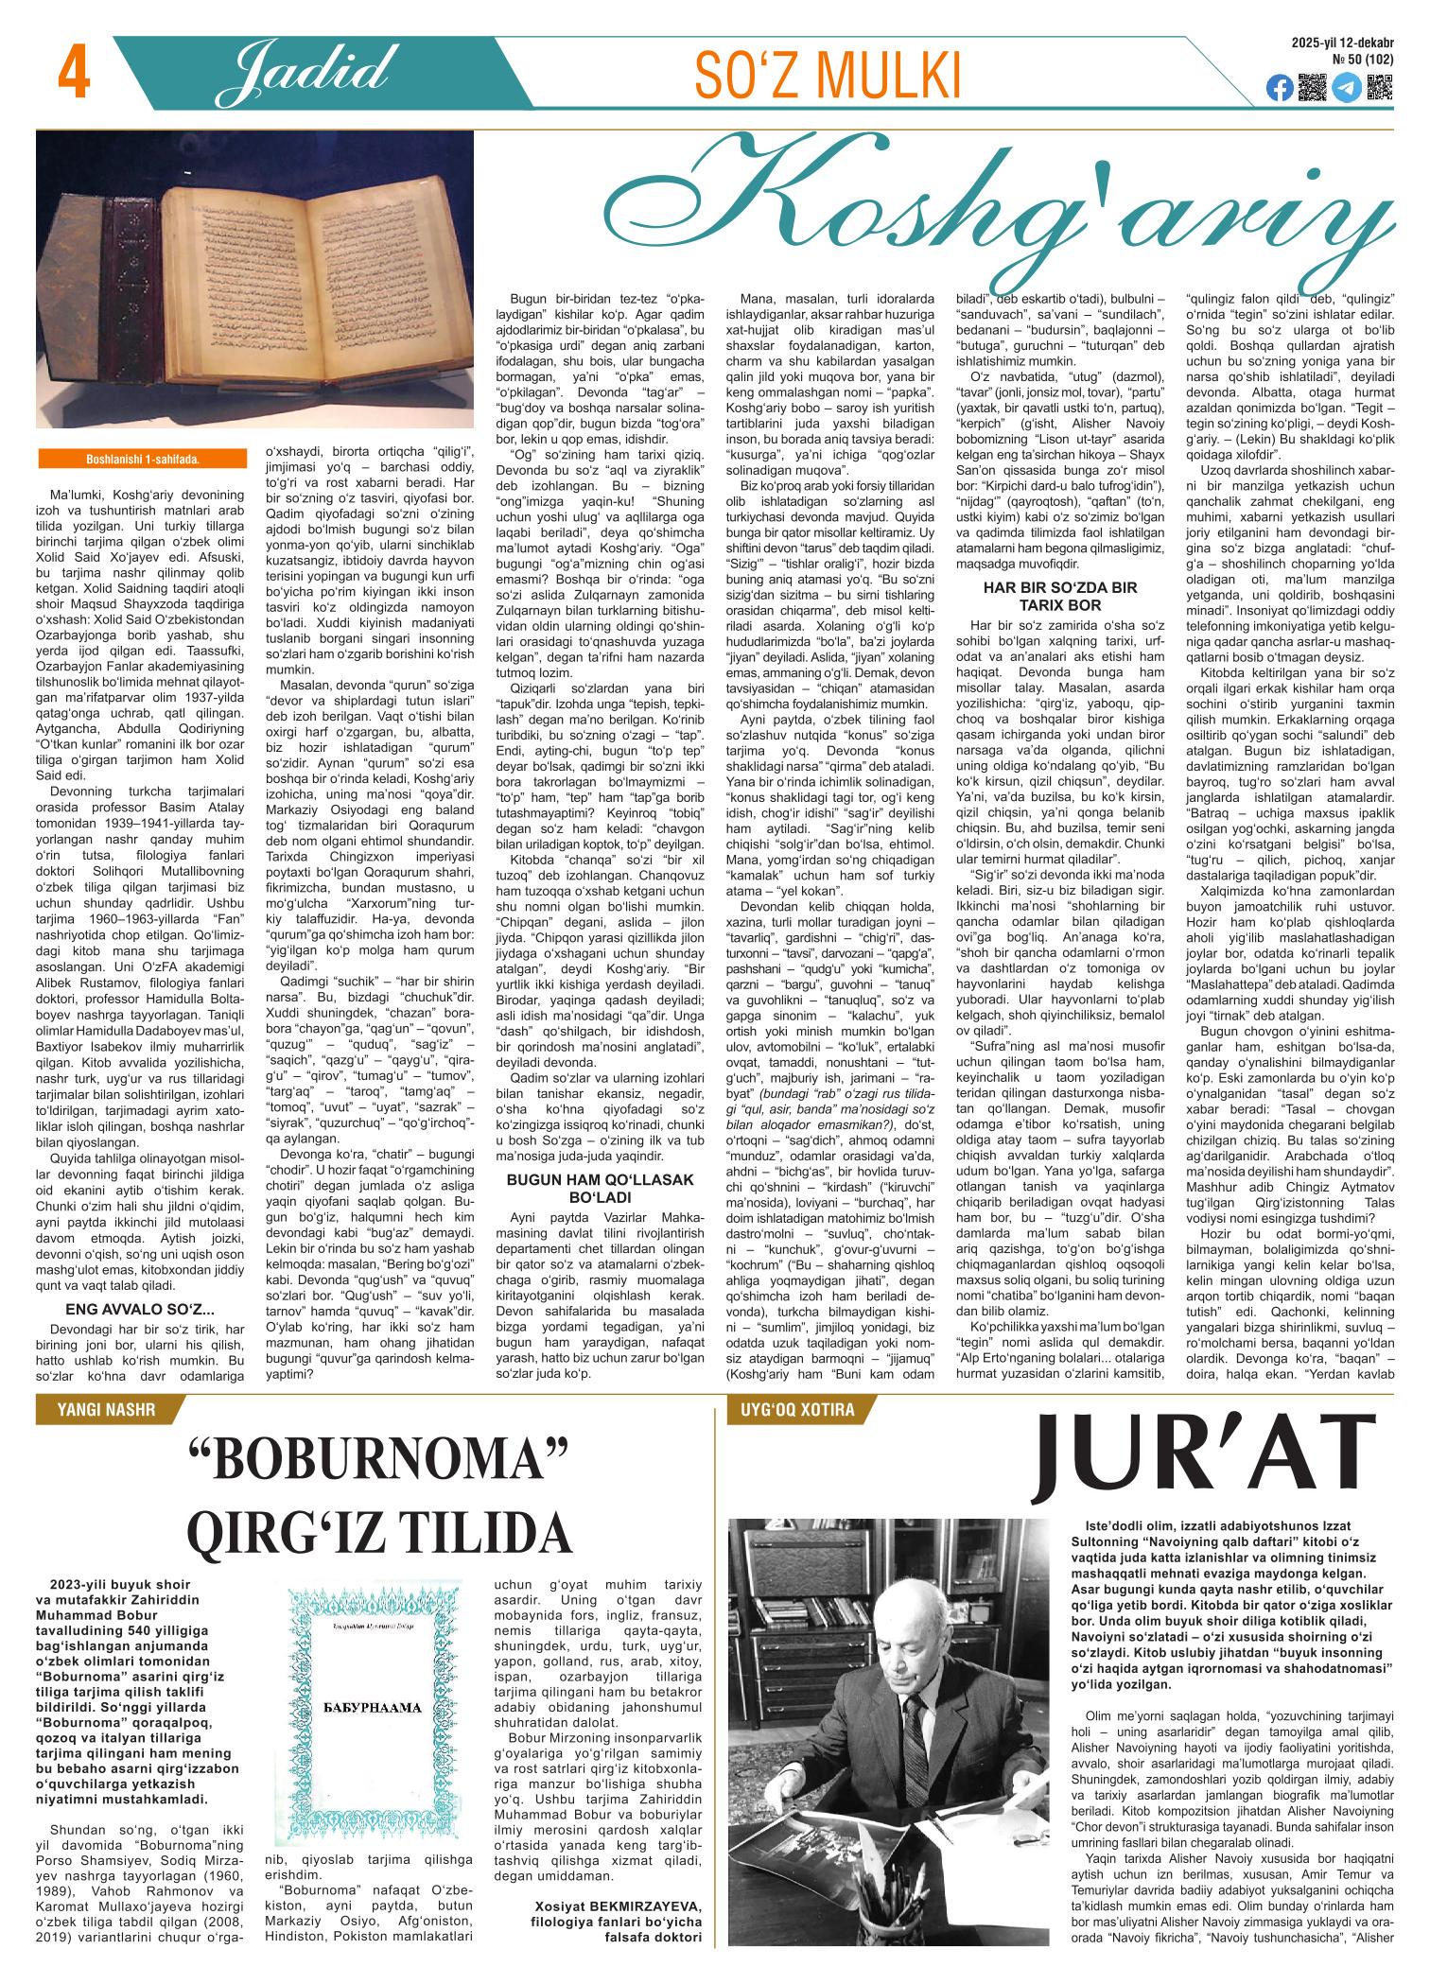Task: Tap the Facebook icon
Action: tap(1279, 88)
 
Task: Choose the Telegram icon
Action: tap(1346, 88)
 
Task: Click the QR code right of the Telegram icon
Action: tap(1380, 87)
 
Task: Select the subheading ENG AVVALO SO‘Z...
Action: tap(139, 1310)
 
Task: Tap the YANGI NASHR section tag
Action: tap(107, 1410)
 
